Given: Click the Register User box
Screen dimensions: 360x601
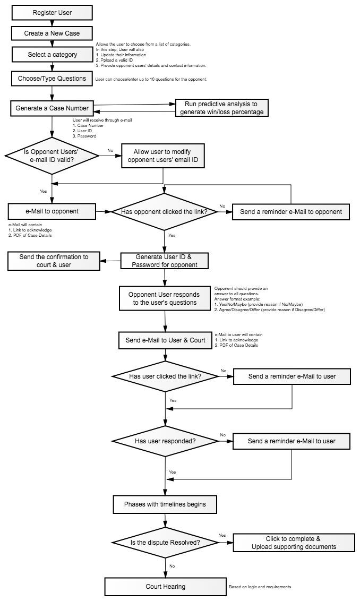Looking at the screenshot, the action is coord(52,13).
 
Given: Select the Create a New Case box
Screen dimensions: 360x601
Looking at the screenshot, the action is coord(52,33).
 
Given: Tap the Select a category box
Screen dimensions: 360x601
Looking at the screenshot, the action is coord(52,55).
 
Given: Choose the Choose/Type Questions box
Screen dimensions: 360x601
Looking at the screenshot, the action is coord(52,79).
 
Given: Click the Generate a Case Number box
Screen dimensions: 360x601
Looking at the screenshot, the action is coord(52,108).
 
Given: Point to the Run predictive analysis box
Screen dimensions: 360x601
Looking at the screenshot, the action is coord(221,108).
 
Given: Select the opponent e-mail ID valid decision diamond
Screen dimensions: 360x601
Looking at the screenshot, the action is coord(52,156).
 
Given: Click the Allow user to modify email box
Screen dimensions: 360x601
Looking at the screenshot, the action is coord(162,156).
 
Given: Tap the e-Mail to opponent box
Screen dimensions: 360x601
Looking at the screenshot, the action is coord(52,212).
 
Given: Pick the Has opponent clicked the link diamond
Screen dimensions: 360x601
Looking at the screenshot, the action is coord(164,212).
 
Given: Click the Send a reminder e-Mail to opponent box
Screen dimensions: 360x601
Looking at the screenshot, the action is coord(290,212).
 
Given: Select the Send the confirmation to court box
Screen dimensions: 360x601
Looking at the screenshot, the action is coord(54,261).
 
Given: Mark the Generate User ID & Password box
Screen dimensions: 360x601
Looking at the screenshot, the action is coord(165,261).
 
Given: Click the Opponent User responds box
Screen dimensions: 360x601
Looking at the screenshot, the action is coord(165,298).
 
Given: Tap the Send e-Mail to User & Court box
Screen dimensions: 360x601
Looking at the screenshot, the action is coord(165,340).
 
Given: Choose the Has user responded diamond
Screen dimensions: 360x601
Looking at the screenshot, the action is coord(165,441).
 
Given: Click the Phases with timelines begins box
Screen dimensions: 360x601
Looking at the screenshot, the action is coord(165,504).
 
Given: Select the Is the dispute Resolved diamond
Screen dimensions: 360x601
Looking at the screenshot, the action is coord(165,543).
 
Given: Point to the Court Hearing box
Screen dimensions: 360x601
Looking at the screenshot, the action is coord(165,587).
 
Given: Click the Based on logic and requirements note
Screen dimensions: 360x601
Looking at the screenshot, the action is coord(260,587).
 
